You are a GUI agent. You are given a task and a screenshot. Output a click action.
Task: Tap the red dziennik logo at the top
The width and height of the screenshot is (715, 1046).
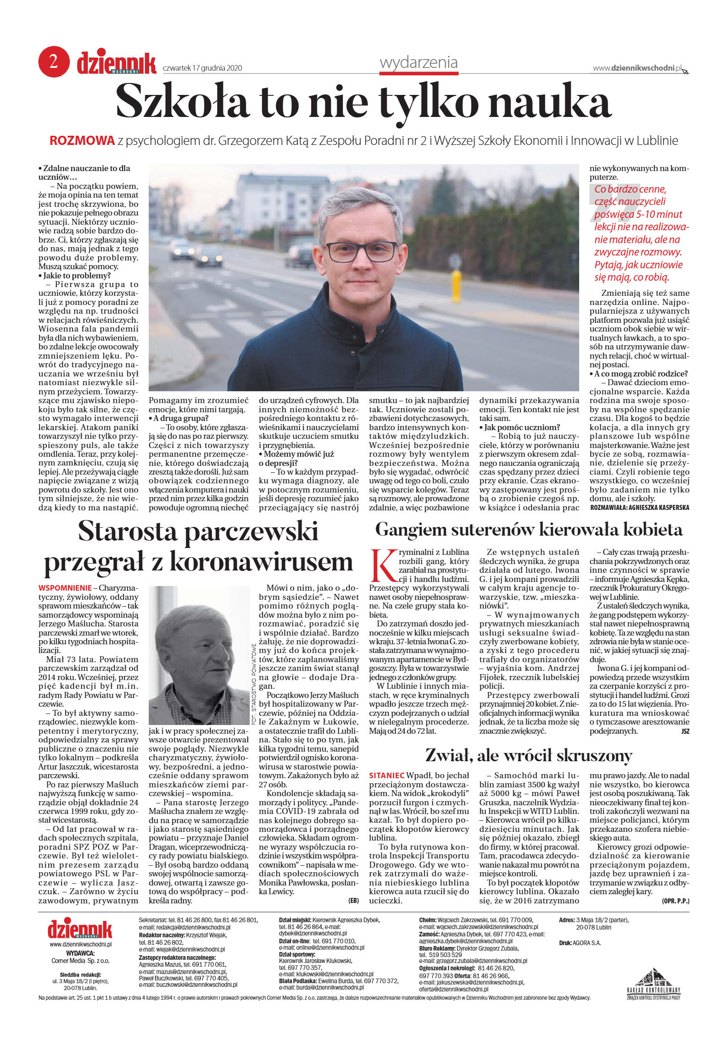coord(116,63)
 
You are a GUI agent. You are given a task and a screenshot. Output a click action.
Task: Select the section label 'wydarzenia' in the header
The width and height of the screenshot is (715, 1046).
coord(419,62)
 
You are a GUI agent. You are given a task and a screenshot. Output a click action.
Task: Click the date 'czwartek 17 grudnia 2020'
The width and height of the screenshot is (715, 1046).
coord(202,68)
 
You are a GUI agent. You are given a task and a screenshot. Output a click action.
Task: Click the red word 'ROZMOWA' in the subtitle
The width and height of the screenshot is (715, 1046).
coord(82,141)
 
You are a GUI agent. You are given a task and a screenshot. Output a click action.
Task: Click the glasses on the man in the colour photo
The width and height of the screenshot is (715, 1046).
coord(361,252)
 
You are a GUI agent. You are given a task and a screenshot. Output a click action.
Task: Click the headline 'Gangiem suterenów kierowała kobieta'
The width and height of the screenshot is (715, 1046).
coord(529,530)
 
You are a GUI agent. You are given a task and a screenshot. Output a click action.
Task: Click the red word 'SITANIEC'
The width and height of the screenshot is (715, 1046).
coord(386,775)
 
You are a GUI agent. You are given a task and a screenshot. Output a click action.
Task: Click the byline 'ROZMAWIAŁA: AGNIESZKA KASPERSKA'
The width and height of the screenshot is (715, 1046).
coord(639,508)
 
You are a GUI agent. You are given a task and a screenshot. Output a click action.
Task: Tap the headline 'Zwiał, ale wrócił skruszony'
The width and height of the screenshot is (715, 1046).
coord(529,755)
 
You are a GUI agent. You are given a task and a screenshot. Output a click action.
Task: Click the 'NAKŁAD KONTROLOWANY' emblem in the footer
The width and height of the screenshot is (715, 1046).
coord(654,983)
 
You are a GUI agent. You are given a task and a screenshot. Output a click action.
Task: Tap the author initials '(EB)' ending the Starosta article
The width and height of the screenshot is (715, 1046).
coord(353,901)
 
